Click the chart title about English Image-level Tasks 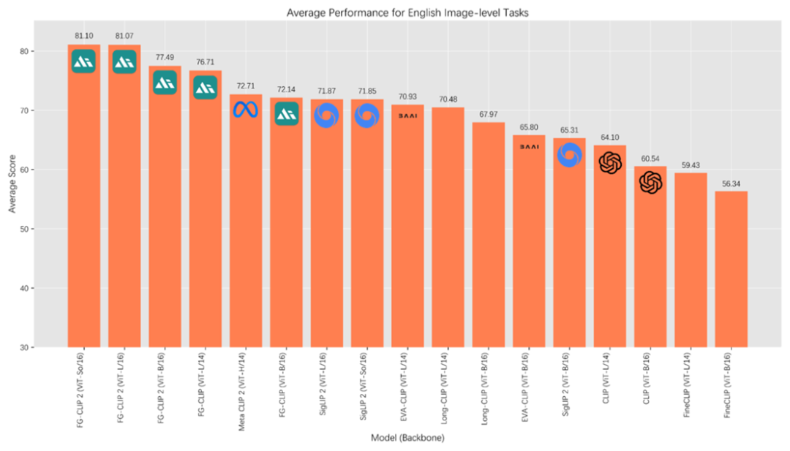407,12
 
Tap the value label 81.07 124,35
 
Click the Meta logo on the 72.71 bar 246,110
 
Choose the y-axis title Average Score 12,188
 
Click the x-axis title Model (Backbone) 407,438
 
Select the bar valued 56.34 731,270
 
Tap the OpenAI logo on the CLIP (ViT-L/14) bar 610,163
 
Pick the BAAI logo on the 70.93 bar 407,115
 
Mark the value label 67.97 489,113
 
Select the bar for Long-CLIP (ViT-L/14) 448,227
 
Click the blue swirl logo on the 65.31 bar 569,155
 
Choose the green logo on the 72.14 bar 286,113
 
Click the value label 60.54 650,158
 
